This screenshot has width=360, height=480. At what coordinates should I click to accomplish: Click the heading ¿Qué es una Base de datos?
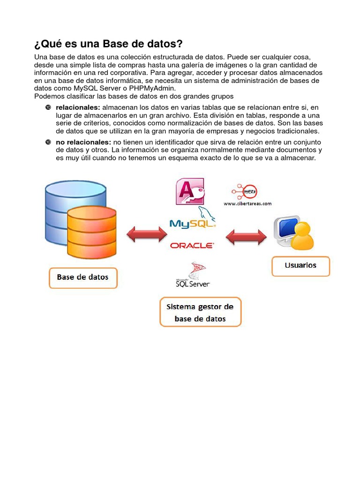tap(108, 45)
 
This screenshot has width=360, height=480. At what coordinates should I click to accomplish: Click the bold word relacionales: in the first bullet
tap(78, 108)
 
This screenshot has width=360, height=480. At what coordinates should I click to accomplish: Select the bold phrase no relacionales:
tap(83, 142)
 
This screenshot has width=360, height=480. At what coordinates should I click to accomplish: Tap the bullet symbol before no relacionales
tap(48, 142)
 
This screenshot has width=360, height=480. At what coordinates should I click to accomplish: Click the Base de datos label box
tap(83, 277)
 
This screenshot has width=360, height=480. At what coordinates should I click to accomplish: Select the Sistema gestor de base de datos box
tap(200, 312)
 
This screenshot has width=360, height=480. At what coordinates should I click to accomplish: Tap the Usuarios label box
tap(300, 266)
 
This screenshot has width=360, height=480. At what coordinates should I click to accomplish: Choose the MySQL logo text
tap(191, 224)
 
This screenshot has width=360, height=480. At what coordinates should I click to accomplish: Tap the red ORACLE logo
tap(192, 245)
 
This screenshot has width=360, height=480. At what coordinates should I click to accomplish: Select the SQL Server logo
tap(193, 277)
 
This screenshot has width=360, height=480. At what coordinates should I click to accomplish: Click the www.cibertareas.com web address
tap(247, 204)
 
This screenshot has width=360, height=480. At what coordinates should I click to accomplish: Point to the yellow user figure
tap(301, 237)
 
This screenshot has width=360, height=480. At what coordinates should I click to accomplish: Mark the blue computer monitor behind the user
tap(286, 228)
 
